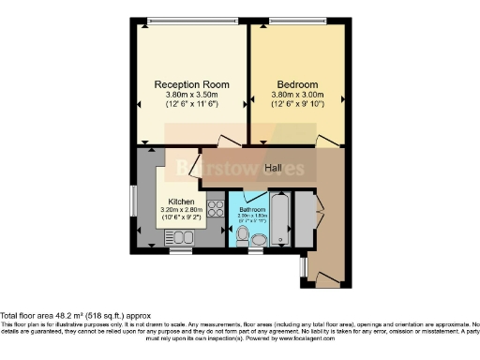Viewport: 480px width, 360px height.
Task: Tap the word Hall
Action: tap(274, 168)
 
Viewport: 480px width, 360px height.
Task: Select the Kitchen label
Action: tap(181, 202)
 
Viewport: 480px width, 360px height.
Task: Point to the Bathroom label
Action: tap(253, 210)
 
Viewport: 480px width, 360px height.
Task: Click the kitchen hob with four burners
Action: tap(215, 210)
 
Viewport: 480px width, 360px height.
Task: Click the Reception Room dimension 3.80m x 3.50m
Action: tap(190, 95)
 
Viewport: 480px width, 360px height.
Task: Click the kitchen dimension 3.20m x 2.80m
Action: tap(181, 210)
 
